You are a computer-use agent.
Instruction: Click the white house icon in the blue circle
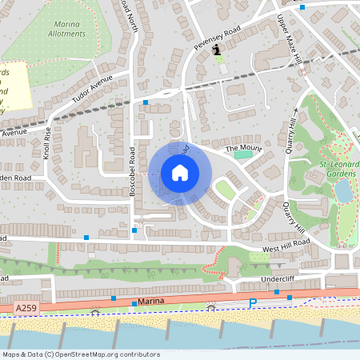coord(180,173)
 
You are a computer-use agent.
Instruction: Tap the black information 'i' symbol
coord(217,50)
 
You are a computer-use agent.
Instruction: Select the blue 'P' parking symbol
coord(252,303)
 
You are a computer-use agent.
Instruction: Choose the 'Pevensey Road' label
coord(217,37)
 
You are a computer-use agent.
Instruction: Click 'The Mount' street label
coord(243,149)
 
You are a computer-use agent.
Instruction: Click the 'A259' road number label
coord(26,307)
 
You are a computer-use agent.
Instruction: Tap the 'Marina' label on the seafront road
coord(128,301)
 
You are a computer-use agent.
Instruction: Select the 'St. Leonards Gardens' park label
coord(335,170)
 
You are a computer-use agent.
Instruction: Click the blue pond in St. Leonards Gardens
coord(342,191)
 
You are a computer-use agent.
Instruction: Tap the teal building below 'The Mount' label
coord(242,154)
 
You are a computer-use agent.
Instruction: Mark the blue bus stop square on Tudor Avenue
coord(146,102)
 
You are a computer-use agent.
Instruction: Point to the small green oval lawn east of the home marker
coord(225,190)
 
